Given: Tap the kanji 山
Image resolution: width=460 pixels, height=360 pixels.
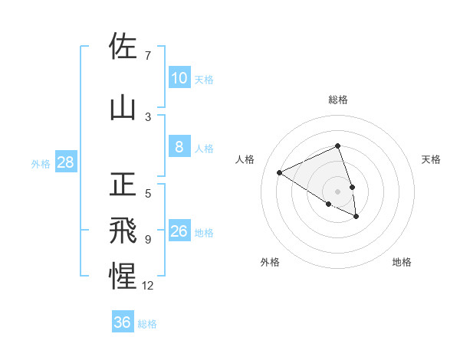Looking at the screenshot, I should [123, 108].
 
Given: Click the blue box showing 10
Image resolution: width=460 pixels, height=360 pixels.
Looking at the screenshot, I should [179, 78].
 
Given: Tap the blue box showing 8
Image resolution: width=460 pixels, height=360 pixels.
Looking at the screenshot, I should [179, 147].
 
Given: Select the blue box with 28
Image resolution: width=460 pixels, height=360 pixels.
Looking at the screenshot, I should [64, 162].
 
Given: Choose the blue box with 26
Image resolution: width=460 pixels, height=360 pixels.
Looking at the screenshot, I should [179, 231].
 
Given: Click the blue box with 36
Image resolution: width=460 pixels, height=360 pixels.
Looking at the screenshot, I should [123, 322].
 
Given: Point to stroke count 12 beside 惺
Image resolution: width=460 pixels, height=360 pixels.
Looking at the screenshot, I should [148, 286].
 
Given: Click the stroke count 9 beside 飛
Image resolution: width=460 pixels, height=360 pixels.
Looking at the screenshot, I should [148, 240].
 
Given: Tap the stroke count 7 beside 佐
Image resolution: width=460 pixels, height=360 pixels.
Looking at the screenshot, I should [148, 56].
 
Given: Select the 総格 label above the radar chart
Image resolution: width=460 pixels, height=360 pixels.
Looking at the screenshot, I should [338, 100].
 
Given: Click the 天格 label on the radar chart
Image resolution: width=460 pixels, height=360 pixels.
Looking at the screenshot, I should [432, 159].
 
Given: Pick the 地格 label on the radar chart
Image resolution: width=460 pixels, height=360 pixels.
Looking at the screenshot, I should [402, 262].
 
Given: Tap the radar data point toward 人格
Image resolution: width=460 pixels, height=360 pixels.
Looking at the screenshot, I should [280, 172].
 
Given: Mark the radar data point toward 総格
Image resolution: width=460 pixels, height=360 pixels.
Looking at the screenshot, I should [338, 146].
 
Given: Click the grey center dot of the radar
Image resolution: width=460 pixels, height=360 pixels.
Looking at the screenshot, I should [338, 191].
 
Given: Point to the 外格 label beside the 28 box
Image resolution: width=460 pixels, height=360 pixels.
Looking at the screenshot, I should [41, 163].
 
